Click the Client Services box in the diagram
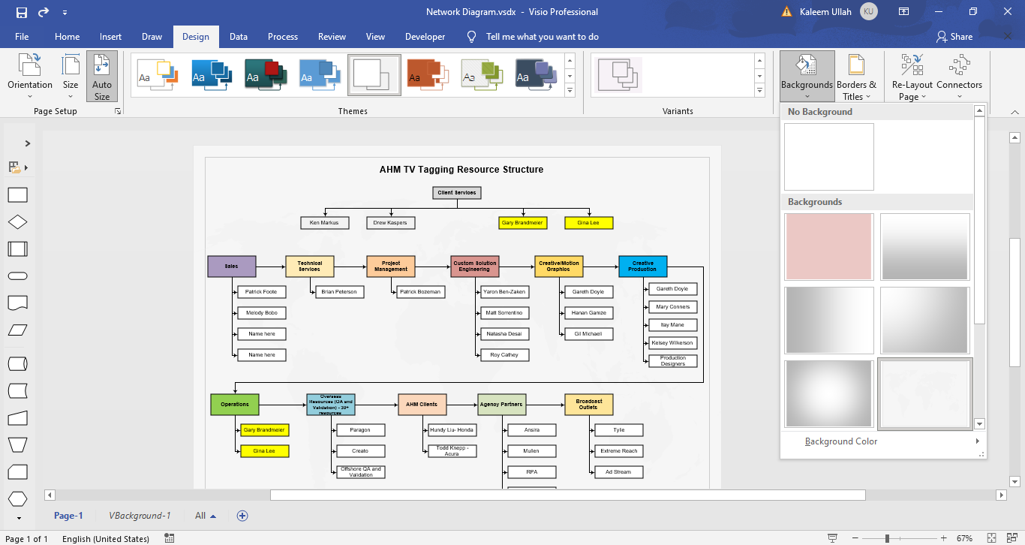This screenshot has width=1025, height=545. click(x=457, y=193)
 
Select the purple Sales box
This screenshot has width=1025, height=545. click(x=231, y=266)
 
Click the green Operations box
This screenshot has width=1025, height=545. click(x=234, y=404)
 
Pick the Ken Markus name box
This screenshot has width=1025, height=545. click(x=324, y=223)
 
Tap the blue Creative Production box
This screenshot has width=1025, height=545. click(x=642, y=266)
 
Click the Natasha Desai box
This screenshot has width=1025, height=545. click(x=504, y=333)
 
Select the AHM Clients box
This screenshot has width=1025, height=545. click(x=422, y=404)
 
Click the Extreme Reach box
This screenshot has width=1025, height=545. click(x=618, y=451)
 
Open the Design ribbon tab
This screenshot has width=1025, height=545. click(x=196, y=37)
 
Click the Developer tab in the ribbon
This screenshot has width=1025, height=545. click(x=425, y=37)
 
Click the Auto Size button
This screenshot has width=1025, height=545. click(x=102, y=77)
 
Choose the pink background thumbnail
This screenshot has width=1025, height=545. click(x=829, y=247)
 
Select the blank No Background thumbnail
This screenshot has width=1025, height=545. click(x=829, y=157)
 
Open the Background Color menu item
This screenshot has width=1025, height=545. click(x=841, y=441)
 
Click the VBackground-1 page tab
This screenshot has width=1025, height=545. click(x=140, y=516)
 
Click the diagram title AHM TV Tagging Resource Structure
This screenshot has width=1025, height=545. click(x=461, y=170)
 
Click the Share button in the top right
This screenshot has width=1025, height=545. click(x=954, y=37)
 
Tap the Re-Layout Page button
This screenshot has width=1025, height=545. click(x=912, y=77)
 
